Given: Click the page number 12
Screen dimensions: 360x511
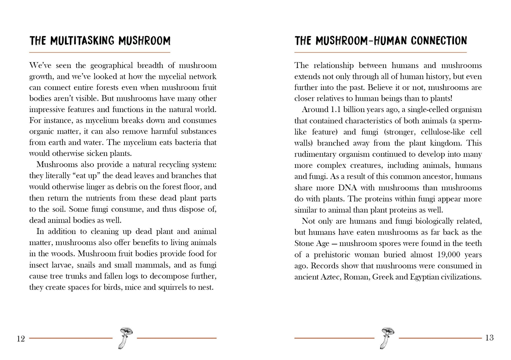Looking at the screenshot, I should click(x=21, y=339).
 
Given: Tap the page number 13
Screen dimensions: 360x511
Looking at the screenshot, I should click(x=489, y=338).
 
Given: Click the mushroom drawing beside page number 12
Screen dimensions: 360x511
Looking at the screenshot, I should click(x=125, y=338).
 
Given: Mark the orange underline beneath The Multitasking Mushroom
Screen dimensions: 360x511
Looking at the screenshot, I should click(x=100, y=52).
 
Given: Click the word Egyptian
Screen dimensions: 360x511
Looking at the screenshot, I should click(x=424, y=277).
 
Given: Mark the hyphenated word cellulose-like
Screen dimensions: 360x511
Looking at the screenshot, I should click(x=443, y=132).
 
